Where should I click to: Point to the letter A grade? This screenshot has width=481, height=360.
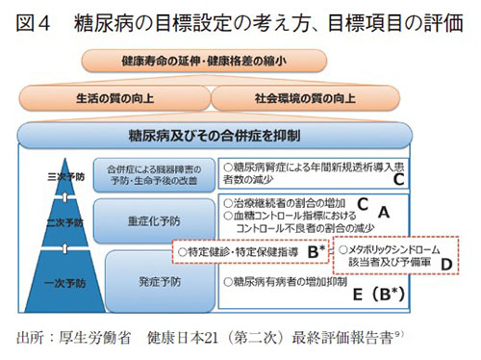[382, 210]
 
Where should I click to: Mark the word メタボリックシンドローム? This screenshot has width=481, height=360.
[397, 247]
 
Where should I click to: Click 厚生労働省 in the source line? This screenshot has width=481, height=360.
[92, 340]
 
